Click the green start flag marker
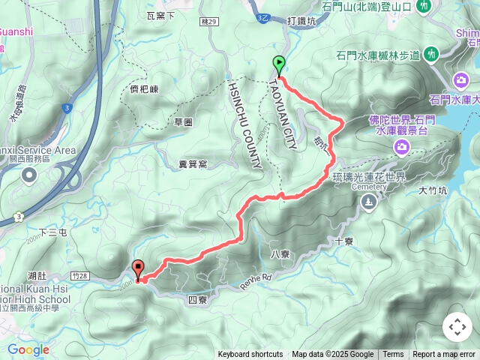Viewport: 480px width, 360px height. tap(279, 65)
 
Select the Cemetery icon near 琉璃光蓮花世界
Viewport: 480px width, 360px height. tap(368, 202)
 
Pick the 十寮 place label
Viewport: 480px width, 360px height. tap(344, 241)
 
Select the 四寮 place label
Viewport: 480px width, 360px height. tap(197, 299)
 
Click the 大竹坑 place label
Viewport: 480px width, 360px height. tap(432, 191)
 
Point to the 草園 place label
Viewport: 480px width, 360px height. tap(184, 121)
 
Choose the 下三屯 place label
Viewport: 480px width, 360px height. tap(53, 233)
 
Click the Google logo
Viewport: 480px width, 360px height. tap(28, 349)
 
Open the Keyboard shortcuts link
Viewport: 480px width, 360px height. tap(250, 355)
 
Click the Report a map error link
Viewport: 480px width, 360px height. tap(444, 355)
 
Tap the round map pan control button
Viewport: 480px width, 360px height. tap(457, 327)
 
